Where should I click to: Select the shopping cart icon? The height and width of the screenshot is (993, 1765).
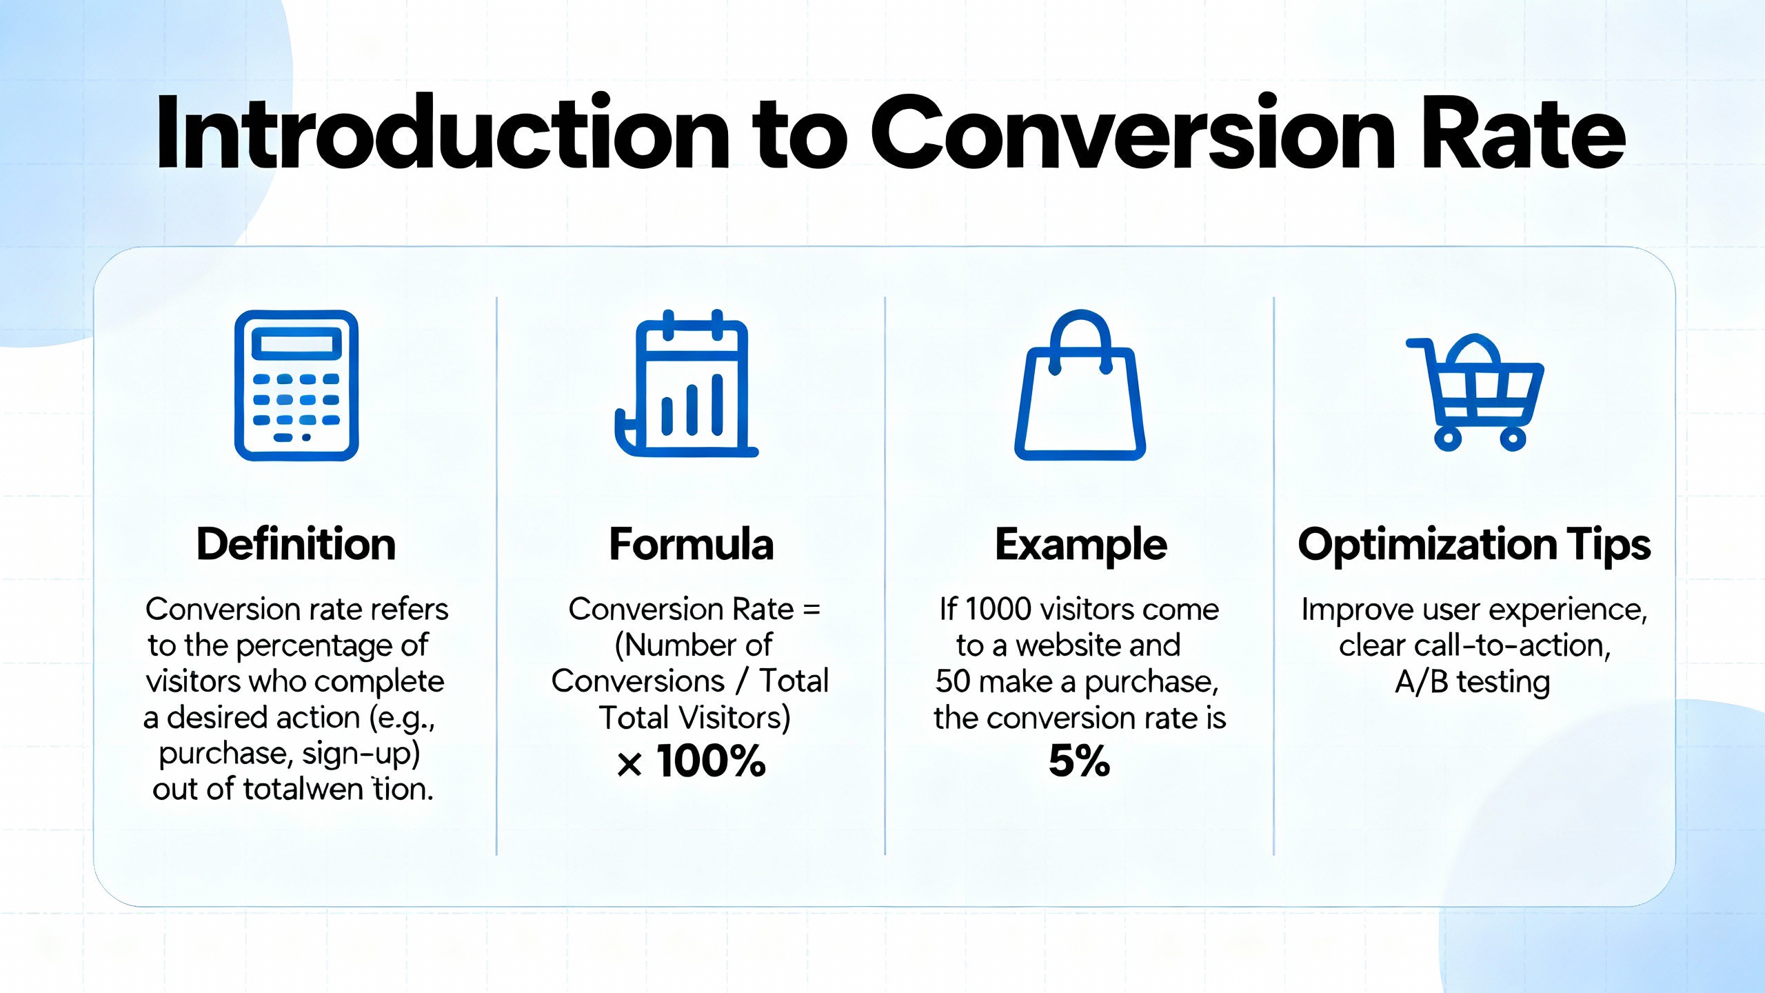pyautogui.click(x=1475, y=393)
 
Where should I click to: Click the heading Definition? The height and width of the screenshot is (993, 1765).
pyautogui.click(x=296, y=544)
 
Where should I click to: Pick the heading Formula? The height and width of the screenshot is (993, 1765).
pyautogui.click(x=692, y=544)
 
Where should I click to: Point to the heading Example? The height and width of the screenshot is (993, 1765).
pyautogui.click(x=1080, y=545)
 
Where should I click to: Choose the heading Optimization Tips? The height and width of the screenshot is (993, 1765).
pyautogui.click(x=1474, y=545)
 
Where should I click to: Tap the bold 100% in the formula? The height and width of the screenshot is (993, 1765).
pyautogui.click(x=711, y=761)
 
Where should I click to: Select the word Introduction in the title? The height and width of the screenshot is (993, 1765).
pyautogui.click(x=441, y=134)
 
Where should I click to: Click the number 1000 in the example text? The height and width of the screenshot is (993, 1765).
pyautogui.click(x=998, y=610)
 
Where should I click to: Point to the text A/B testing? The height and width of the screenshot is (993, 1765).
pyautogui.click(x=1473, y=682)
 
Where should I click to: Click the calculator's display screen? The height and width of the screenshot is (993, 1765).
pyautogui.click(x=296, y=343)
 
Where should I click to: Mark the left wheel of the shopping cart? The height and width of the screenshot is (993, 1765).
pyautogui.click(x=1448, y=438)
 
